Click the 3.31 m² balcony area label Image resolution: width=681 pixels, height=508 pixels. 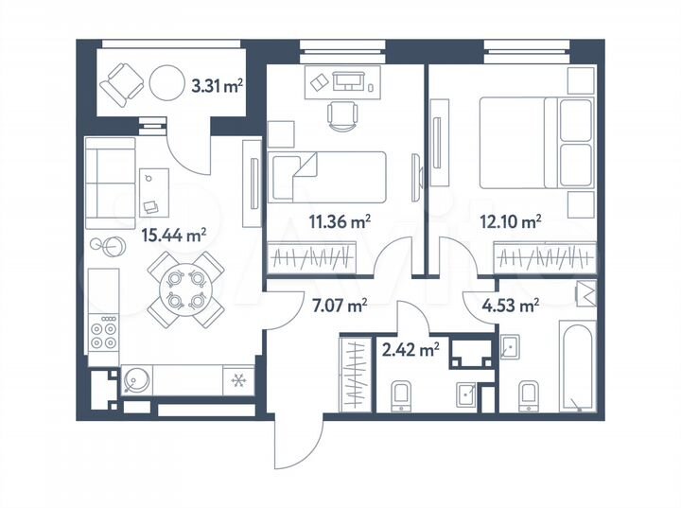coord(217,85)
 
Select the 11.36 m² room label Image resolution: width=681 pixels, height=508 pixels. coord(339,223)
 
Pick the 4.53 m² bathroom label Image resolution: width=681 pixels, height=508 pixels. coord(511,305)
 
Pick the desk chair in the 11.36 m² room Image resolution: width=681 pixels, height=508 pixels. coord(341,115)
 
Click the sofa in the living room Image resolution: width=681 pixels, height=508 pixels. coord(110,183)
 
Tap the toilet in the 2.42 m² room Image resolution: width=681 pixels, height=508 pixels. coord(400,394)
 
